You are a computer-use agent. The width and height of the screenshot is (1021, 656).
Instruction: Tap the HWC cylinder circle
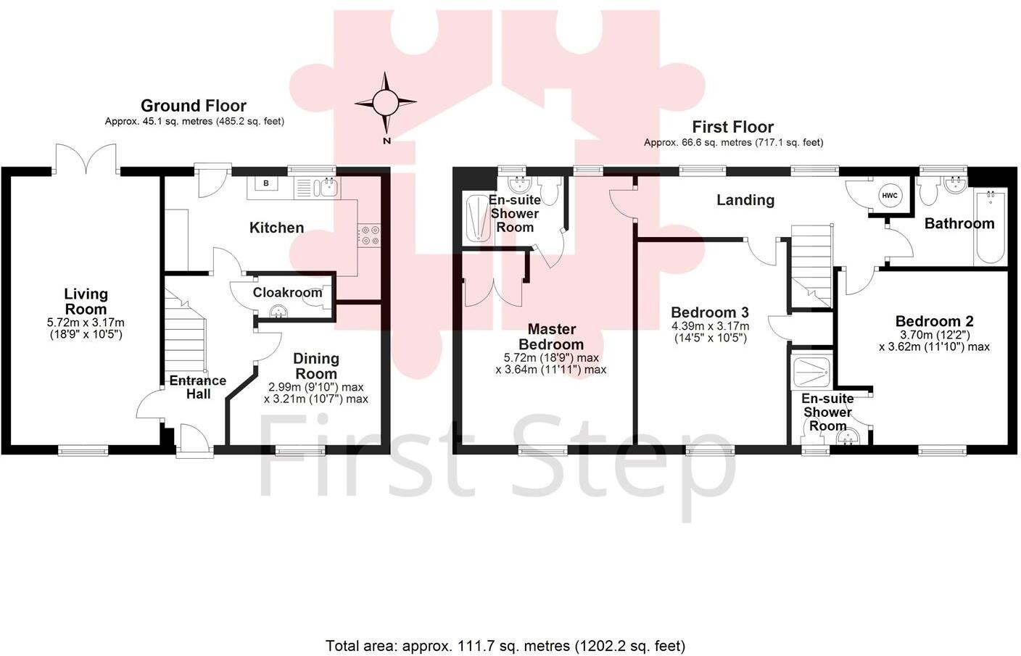click(889, 196)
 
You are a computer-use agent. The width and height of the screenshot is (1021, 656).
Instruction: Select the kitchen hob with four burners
click(370, 236)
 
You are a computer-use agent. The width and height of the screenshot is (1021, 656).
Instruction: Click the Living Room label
click(86, 301)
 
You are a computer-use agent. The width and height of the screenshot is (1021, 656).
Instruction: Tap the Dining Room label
click(315, 366)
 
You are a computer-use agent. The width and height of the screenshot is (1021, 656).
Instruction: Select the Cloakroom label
click(287, 292)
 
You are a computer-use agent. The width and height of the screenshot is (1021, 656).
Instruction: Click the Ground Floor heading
click(194, 106)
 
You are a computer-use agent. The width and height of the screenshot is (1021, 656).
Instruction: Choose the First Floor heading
click(732, 127)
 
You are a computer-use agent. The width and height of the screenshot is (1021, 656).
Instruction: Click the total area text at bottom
click(505, 645)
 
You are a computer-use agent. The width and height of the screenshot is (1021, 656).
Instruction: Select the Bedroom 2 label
click(934, 321)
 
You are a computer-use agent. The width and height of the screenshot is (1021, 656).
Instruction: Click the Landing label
click(745, 200)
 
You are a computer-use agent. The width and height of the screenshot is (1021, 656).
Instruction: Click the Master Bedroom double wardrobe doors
click(493, 290)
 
